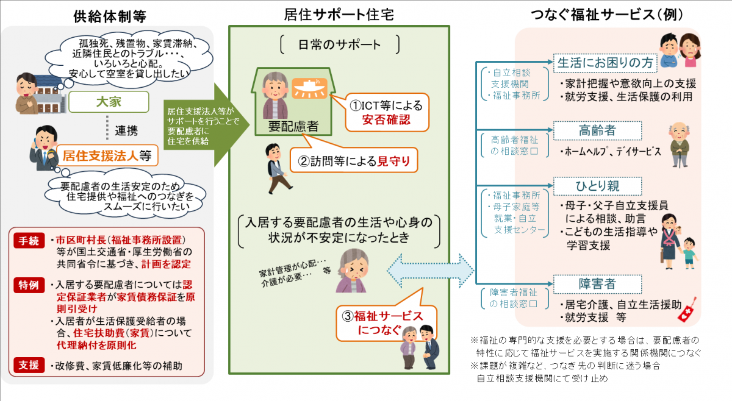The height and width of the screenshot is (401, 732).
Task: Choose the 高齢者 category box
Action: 597,130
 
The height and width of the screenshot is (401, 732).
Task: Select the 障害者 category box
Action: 597,284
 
